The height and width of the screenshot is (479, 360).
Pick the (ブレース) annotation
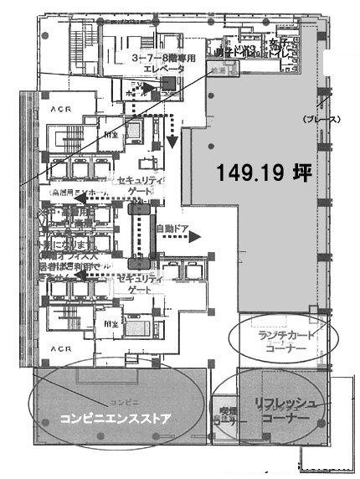pyautogui.click(x=321, y=120)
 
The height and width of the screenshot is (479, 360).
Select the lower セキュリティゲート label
pyautogui.click(x=140, y=282)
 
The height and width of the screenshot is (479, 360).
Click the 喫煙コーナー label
pyautogui.click(x=228, y=417)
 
